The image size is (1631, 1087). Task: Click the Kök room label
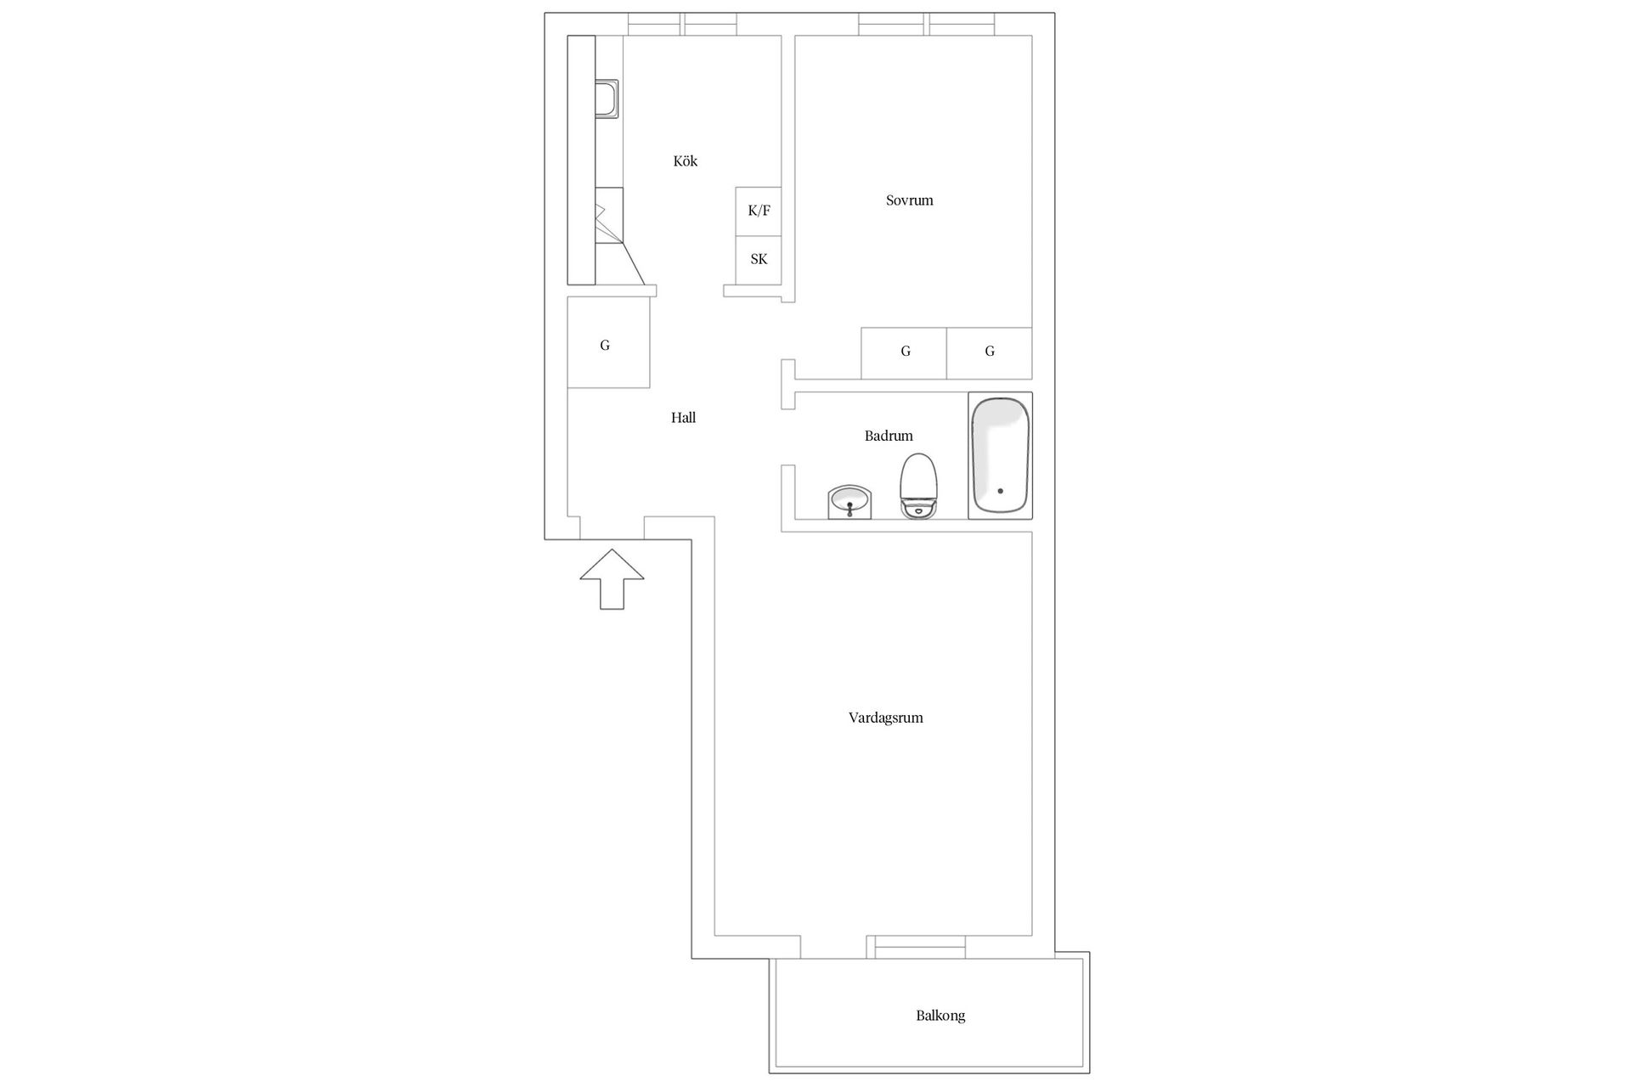(685, 161)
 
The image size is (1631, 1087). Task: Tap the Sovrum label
(909, 200)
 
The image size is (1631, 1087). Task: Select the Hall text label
(683, 418)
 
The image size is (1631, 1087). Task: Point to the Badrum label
(889, 436)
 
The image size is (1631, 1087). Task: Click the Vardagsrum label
(885, 718)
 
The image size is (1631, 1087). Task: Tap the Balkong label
(940, 1016)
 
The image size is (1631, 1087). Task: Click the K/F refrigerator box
(759, 211)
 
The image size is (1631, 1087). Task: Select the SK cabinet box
(759, 260)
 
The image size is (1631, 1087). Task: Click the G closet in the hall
(608, 342)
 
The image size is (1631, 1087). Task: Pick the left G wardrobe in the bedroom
(904, 353)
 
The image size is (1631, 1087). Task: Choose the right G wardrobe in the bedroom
(990, 353)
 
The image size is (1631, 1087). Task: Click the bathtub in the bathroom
(1001, 455)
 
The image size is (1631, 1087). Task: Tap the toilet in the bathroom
(918, 486)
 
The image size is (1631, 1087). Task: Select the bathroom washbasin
(849, 502)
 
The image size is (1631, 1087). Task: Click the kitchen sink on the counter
(607, 99)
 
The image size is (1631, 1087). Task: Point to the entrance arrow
(612, 579)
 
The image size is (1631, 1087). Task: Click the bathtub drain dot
(1001, 491)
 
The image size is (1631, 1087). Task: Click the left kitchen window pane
(655, 25)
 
